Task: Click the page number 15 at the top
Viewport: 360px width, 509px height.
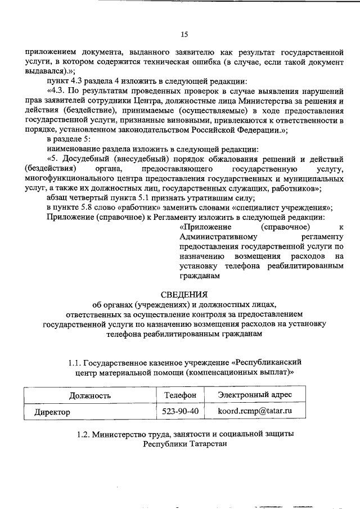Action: tap(184, 35)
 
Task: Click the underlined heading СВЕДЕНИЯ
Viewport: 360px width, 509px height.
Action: tap(184, 294)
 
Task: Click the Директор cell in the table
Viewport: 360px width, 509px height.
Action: tap(52, 412)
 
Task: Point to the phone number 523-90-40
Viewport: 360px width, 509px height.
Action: tap(180, 412)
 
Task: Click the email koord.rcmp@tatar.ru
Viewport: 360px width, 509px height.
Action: tap(254, 412)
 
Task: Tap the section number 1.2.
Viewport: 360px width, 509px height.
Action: tap(83, 434)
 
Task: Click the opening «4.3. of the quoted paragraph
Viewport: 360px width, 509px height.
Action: tap(58, 91)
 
